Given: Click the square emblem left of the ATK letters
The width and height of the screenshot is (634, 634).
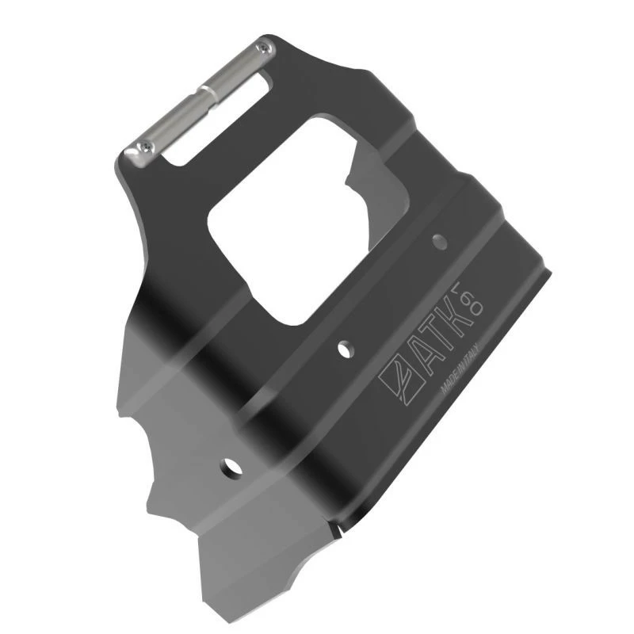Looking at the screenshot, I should click(395, 378).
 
